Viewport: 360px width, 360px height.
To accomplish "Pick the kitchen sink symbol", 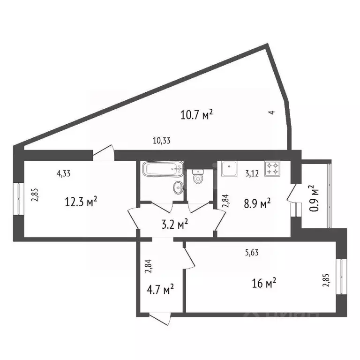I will click(x=230, y=169).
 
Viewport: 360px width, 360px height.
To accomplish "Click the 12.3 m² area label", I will click(x=81, y=202).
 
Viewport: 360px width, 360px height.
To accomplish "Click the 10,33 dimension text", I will click(x=162, y=139).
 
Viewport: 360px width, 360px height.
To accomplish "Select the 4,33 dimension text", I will click(x=65, y=173).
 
